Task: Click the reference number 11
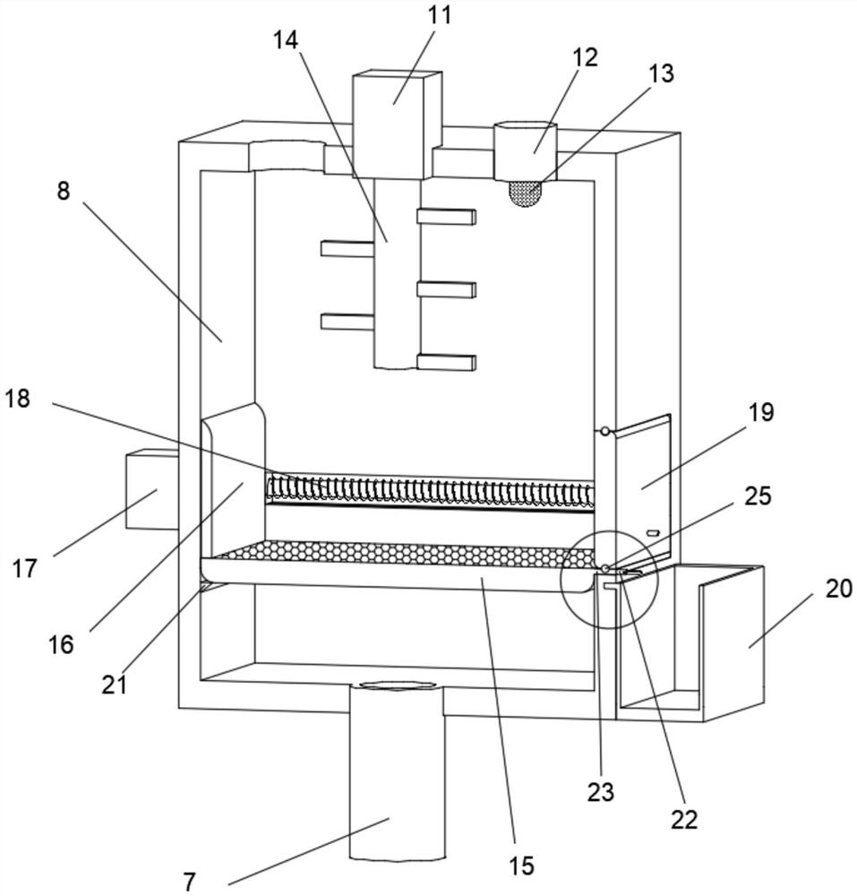click(x=440, y=15)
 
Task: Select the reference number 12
click(x=586, y=57)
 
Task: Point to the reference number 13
click(x=661, y=73)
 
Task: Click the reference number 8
click(x=64, y=191)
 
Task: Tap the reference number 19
click(x=761, y=412)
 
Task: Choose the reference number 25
click(x=758, y=495)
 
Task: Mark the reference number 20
click(x=839, y=588)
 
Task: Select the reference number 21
click(x=114, y=684)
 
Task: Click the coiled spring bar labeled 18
click(x=429, y=490)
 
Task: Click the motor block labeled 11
click(x=397, y=124)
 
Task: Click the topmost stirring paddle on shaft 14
click(x=447, y=216)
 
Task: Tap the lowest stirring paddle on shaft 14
click(x=447, y=362)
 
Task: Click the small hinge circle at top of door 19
click(x=604, y=432)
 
